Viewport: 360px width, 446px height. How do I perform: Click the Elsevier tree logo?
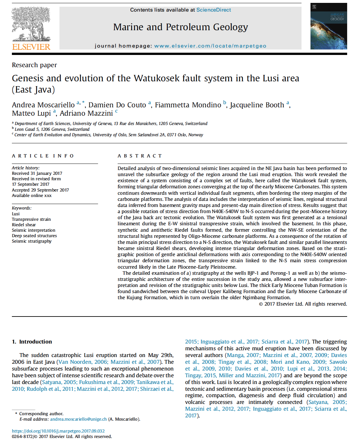click(x=31, y=24)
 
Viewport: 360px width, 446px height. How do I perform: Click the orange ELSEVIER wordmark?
click(x=31, y=47)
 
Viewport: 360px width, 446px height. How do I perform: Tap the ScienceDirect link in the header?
click(x=213, y=10)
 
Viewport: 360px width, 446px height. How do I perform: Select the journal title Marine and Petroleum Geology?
click(x=180, y=27)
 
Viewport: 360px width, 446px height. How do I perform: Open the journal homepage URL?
click(x=210, y=46)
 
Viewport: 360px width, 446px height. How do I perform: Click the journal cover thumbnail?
click(x=328, y=26)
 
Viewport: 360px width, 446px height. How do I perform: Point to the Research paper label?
click(x=34, y=65)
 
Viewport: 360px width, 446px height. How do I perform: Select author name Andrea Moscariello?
click(x=43, y=105)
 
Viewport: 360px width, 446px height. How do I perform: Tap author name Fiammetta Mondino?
click(x=188, y=105)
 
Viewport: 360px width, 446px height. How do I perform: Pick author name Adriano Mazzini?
click(x=86, y=113)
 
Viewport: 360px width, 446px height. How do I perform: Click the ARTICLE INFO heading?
click(x=43, y=156)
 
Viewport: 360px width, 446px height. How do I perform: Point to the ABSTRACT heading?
click(x=139, y=156)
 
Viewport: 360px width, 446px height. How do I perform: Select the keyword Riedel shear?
click(x=24, y=225)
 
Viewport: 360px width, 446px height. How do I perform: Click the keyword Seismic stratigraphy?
click(x=32, y=241)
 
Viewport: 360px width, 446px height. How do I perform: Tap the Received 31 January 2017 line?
click(x=37, y=173)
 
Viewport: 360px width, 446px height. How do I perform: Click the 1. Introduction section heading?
click(x=32, y=342)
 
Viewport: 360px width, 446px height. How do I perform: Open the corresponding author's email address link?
click(x=78, y=419)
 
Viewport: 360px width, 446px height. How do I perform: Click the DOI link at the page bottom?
click(x=58, y=431)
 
